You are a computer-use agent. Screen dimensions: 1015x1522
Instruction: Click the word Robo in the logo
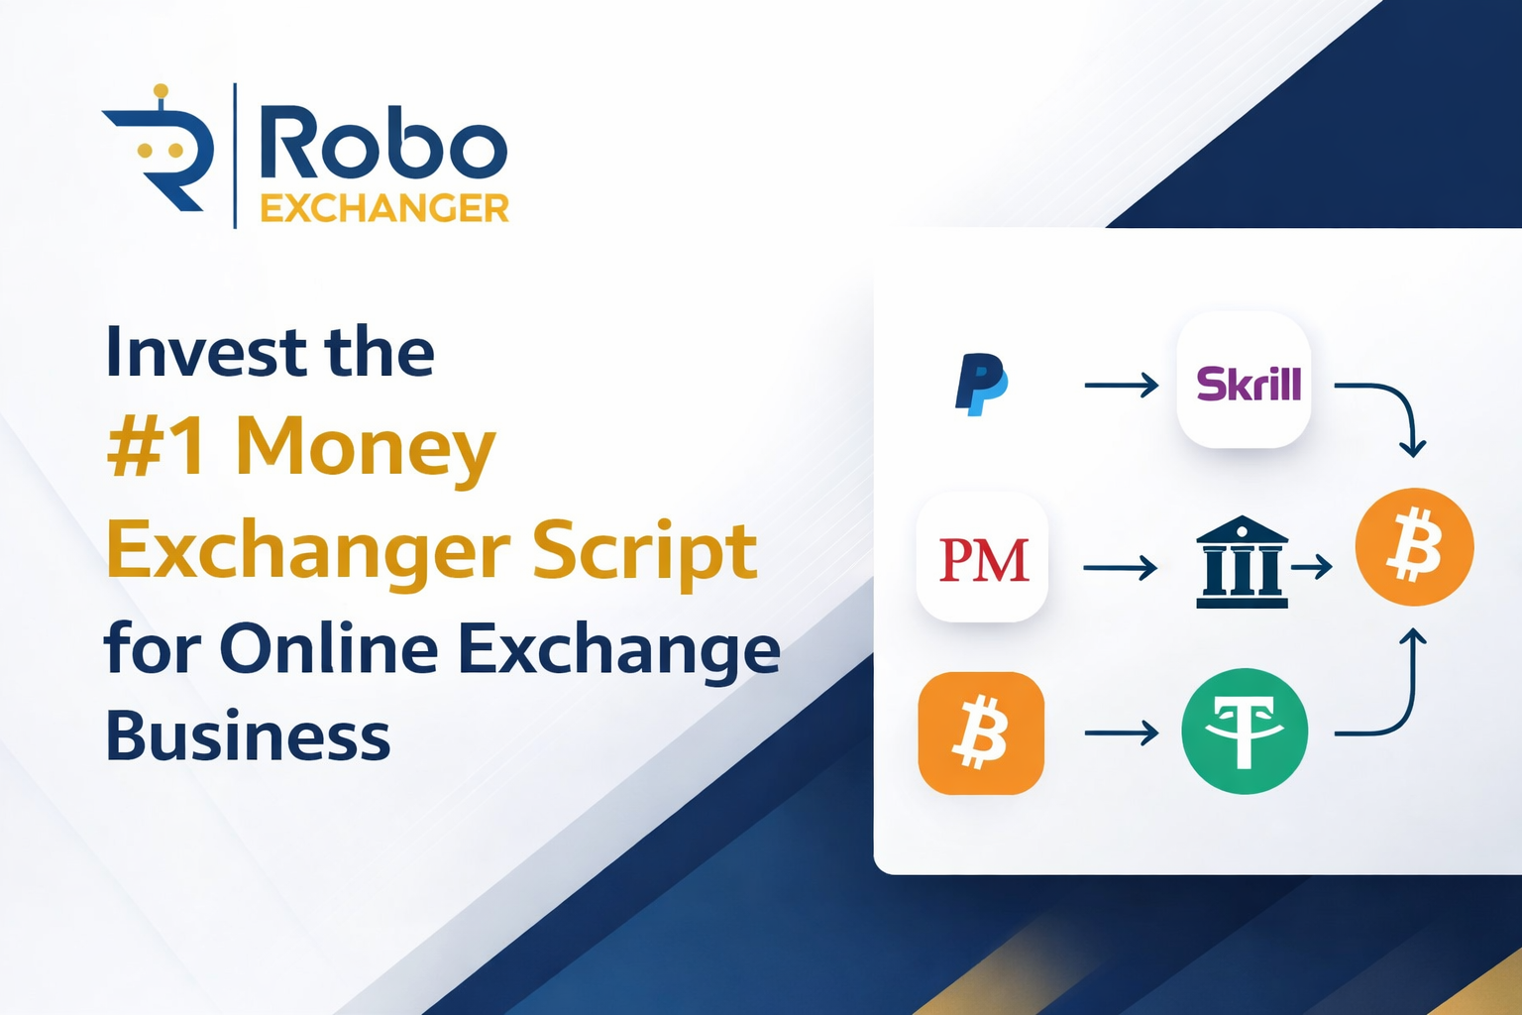point(382,145)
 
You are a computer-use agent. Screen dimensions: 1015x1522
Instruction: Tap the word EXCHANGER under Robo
point(384,208)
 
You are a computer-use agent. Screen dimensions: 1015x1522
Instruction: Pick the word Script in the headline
point(645,551)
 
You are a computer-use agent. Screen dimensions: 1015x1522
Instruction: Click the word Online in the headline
point(329,649)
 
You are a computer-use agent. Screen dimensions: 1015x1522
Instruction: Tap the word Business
point(248,736)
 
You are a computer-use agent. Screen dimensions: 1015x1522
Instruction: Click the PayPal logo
point(980,384)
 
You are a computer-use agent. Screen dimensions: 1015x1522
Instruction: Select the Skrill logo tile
point(1245,382)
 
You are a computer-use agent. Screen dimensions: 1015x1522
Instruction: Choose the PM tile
point(982,558)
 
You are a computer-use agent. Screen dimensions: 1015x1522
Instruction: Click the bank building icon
point(1242,562)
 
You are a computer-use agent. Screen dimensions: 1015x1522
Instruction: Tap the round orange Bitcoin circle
point(1414,546)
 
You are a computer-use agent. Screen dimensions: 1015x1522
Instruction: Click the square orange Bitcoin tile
point(981,733)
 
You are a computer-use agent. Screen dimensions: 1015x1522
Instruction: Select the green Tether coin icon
point(1245,732)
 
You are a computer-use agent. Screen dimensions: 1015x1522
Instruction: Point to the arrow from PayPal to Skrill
point(1121,385)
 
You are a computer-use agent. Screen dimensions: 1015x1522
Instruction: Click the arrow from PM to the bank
point(1120,568)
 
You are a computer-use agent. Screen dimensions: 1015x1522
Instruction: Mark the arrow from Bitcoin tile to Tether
point(1121,733)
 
